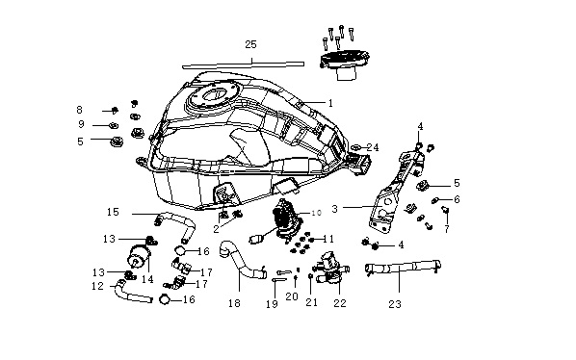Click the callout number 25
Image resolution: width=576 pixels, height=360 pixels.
point(250,45)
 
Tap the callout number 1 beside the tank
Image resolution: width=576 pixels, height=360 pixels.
point(330,103)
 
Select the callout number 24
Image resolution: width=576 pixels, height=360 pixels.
point(373,147)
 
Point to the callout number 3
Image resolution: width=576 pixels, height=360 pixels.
point(334,209)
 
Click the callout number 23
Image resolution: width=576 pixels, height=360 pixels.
point(395,304)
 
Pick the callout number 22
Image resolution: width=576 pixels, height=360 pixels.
point(340,303)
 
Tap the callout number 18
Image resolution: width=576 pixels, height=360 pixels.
point(234,303)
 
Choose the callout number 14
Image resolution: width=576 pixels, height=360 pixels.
point(147,279)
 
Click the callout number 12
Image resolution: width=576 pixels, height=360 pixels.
point(97,286)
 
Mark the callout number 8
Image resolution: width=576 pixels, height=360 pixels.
point(79,110)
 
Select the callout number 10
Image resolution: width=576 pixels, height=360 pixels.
point(316,213)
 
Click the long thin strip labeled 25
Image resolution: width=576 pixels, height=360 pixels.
point(243,64)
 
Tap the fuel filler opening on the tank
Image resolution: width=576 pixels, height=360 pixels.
point(214,95)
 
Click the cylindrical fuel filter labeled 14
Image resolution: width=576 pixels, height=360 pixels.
point(139,256)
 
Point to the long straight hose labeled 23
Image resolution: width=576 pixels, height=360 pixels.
point(403,267)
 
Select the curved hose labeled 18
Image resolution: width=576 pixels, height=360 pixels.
point(240,264)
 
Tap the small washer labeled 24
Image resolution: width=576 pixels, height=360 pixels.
point(355,147)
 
